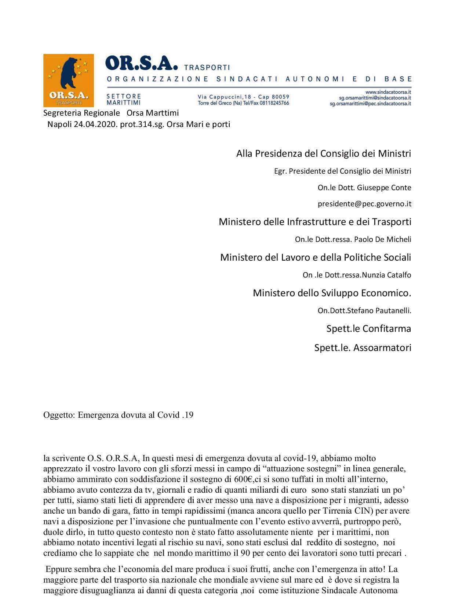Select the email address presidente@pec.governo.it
click(364, 204)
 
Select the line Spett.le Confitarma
click(368, 329)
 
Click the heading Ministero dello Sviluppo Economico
click(332, 293)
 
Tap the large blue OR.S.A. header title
click(141, 64)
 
